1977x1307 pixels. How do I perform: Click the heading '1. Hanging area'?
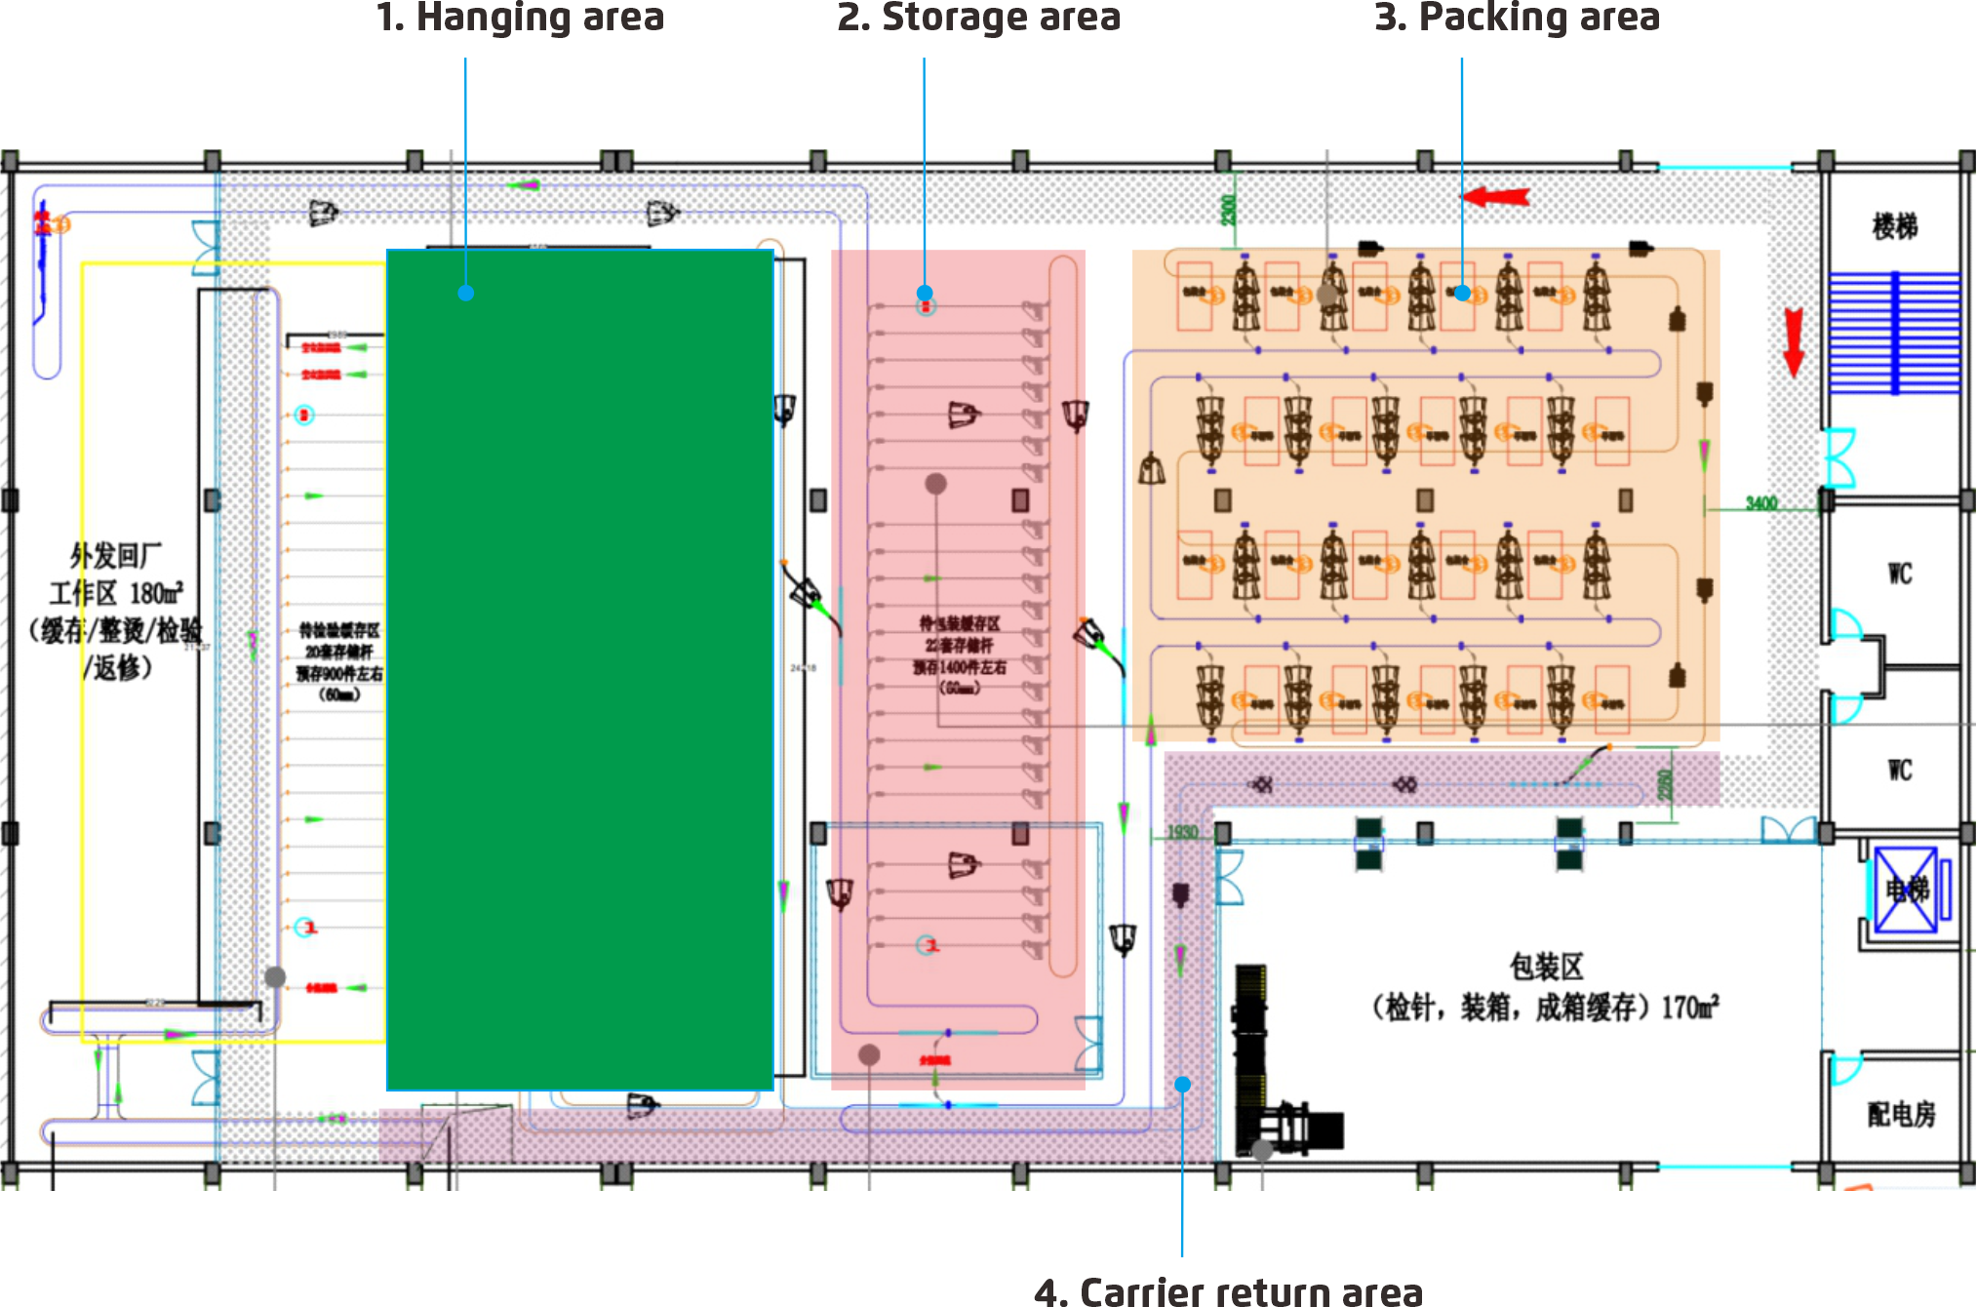click(520, 18)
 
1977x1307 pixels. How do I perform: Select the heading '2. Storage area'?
click(978, 18)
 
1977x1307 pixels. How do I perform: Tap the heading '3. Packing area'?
click(1517, 18)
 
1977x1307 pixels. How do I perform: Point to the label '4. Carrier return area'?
click(1228, 1291)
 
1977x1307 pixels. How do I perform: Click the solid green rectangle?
click(580, 669)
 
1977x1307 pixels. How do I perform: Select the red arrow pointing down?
click(1793, 341)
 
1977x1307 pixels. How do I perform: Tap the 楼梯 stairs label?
click(1894, 226)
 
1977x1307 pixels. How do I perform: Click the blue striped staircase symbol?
click(1894, 333)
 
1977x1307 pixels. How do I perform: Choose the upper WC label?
click(1899, 574)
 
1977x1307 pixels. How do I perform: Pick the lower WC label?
click(1899, 771)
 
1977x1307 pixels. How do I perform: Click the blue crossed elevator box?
click(1905, 890)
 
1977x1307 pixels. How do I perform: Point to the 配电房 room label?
click(1901, 1114)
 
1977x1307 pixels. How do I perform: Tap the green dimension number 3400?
click(1761, 503)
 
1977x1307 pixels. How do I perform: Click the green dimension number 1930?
click(1182, 832)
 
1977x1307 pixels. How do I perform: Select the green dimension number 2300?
click(1228, 209)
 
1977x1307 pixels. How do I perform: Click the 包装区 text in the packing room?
click(1546, 967)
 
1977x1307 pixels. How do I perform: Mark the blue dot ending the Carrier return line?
click(1182, 1085)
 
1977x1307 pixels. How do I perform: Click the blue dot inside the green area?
click(466, 293)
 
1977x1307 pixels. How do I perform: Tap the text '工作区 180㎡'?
click(116, 593)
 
